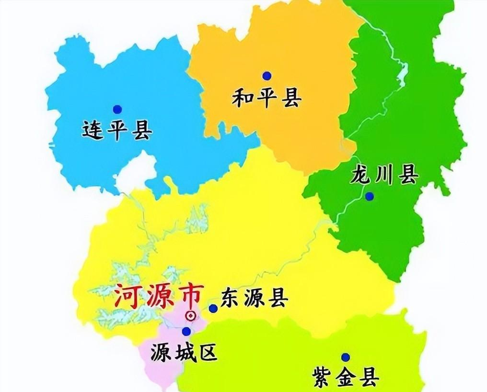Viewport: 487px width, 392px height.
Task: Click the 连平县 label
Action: (117, 130)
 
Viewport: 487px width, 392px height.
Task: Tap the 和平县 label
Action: (267, 99)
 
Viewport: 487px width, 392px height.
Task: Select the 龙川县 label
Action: (384, 175)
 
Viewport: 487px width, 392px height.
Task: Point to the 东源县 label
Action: (255, 299)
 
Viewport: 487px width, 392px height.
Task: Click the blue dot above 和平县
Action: (267, 76)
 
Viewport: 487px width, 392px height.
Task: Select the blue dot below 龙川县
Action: (369, 196)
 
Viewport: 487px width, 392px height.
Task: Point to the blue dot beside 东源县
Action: (213, 309)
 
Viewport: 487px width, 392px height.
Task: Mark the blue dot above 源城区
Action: (186, 331)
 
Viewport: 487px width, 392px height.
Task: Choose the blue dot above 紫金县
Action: (345, 357)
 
